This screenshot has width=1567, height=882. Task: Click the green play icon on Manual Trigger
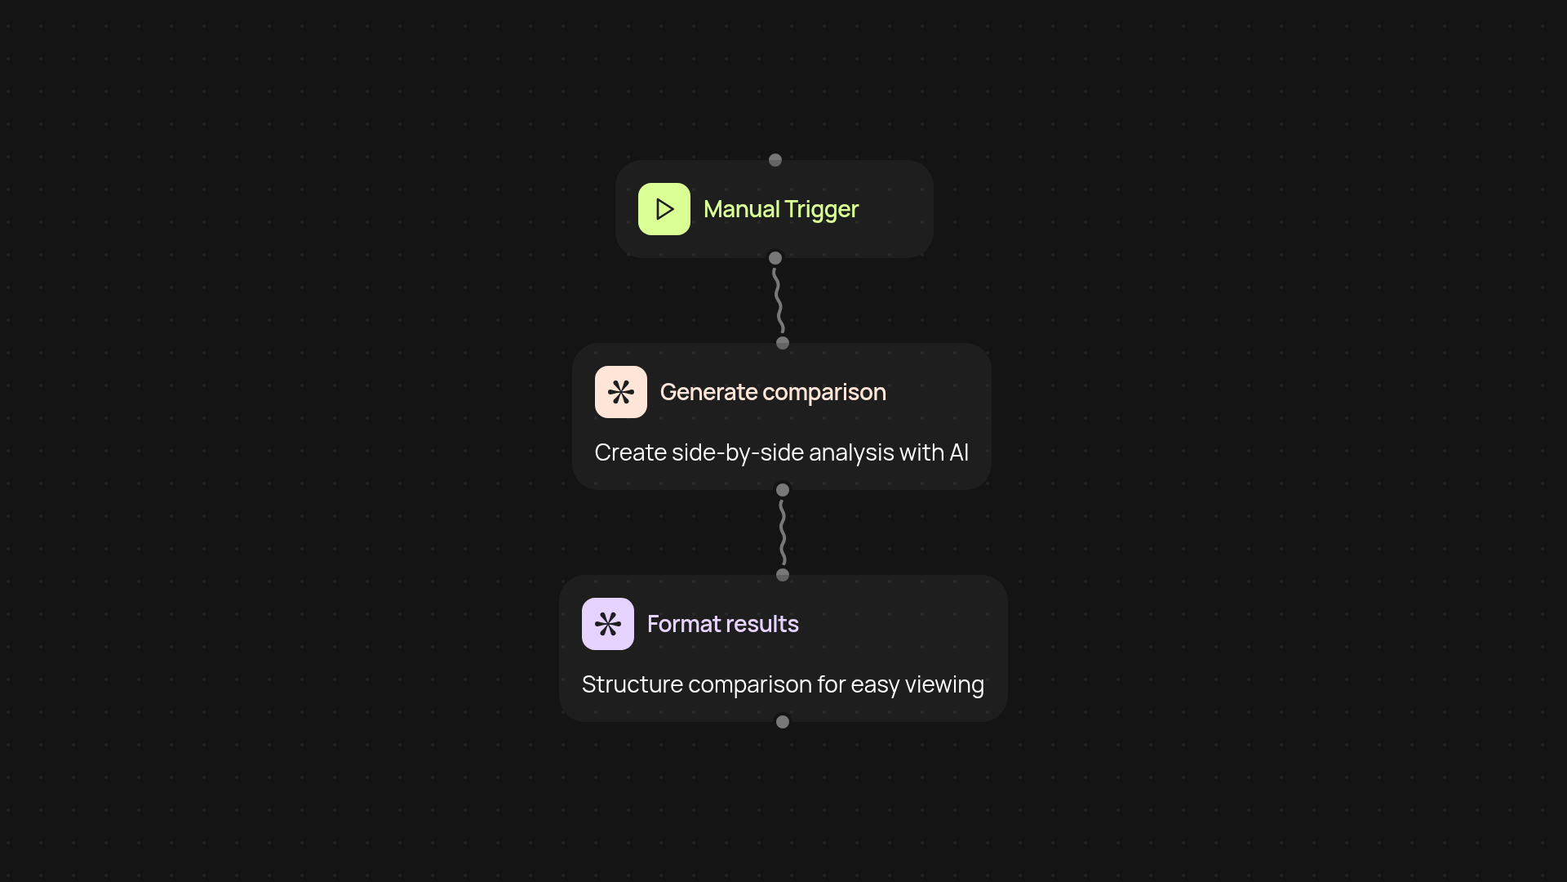click(x=664, y=209)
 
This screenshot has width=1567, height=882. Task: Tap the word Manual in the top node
click(x=741, y=209)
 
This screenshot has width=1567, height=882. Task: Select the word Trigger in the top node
click(x=821, y=210)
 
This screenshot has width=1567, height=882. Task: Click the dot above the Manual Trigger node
click(x=775, y=160)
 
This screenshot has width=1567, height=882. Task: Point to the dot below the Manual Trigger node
click(x=775, y=258)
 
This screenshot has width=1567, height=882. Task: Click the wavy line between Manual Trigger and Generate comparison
click(x=779, y=301)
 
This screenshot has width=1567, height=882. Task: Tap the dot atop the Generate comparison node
click(x=783, y=343)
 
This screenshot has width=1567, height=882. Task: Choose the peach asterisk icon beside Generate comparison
click(x=620, y=392)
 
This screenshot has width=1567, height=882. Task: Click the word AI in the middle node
click(x=959, y=452)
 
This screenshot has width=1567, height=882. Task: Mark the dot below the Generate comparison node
click(x=783, y=490)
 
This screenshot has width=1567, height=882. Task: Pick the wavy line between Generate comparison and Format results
click(x=783, y=532)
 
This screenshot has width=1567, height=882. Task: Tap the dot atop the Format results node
click(x=783, y=575)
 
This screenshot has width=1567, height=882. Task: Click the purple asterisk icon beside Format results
click(x=607, y=624)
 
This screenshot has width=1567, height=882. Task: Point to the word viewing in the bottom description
click(x=944, y=684)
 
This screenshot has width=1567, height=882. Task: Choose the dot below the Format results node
click(x=783, y=722)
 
